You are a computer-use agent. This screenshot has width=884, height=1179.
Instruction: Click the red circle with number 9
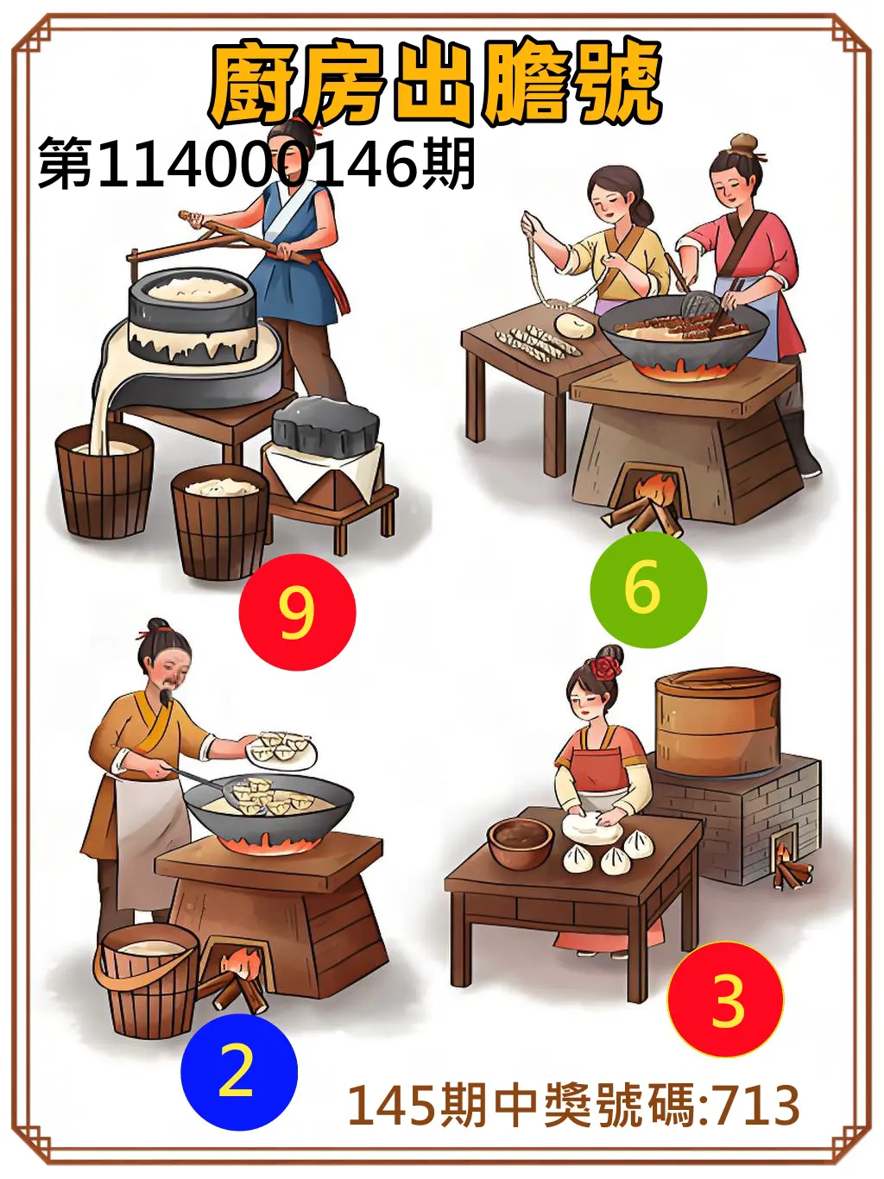[x=297, y=612]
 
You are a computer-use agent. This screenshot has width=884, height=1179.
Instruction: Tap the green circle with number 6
[x=647, y=589]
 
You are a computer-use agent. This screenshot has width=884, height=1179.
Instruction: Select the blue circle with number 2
[x=238, y=1071]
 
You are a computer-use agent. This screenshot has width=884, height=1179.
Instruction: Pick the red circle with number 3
[x=725, y=999]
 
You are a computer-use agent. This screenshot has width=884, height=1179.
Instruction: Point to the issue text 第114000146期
[x=256, y=164]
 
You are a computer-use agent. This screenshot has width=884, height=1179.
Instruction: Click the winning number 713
[x=755, y=1105]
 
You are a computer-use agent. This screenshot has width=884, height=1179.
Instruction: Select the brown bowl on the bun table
[x=520, y=842]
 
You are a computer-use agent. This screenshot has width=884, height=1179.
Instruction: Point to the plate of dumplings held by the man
[x=281, y=747]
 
